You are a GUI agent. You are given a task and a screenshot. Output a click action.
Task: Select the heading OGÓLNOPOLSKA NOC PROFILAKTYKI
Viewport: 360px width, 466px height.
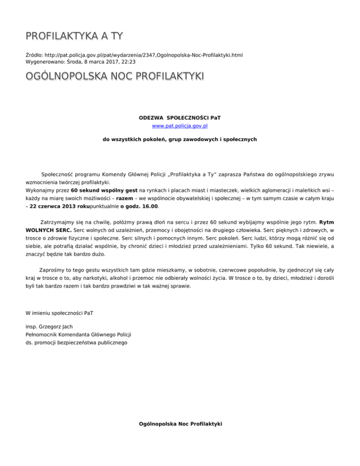(x=114, y=76)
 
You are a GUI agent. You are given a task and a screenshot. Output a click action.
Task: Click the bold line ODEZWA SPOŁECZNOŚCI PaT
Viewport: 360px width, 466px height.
(x=180, y=118)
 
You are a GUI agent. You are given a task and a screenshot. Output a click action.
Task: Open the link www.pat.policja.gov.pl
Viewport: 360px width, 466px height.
(x=180, y=126)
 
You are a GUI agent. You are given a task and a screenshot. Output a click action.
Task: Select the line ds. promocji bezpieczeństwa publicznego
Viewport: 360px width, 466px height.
(x=75, y=343)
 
